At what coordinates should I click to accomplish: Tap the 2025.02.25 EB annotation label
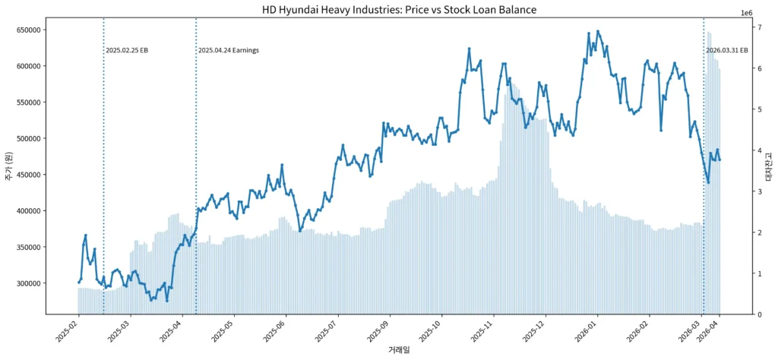pos(126,51)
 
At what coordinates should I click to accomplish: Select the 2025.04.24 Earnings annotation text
pos(228,51)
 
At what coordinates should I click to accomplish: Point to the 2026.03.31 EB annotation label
pos(726,51)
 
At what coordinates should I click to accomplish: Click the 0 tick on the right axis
pos(761,314)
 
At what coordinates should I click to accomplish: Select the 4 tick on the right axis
pos(761,150)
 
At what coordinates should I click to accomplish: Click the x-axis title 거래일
pos(399,350)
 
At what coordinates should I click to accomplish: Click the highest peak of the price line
pos(598,31)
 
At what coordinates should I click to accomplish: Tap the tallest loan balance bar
pos(709,32)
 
